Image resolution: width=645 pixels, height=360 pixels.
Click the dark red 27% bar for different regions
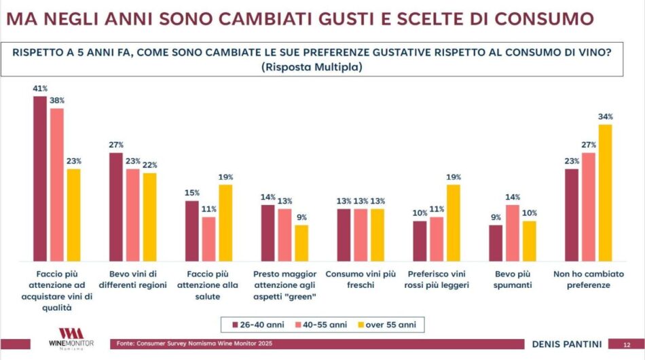pos(116,207)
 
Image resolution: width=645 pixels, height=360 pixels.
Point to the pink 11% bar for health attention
pos(208,239)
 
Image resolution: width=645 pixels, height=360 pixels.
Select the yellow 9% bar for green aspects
pos(301,243)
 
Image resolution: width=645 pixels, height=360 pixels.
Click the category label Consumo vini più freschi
pos(360,280)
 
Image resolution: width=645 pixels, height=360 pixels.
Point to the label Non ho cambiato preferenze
pos(587,280)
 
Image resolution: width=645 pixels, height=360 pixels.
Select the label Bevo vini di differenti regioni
pos(132,280)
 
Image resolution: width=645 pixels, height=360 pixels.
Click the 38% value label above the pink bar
pos(56,100)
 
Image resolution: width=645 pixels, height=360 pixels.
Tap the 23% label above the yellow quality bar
pos(73,161)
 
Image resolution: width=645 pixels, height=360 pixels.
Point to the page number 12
pos(627,344)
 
